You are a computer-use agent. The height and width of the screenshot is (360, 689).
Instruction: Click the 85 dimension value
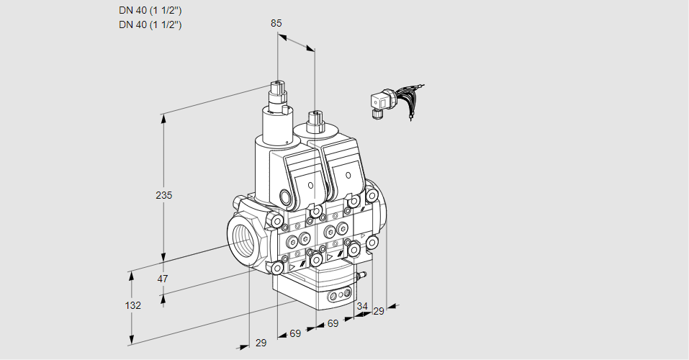coord(276,23)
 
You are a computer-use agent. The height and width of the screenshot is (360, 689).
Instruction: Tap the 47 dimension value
coord(163,278)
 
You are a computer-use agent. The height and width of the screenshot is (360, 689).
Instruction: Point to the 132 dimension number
coord(132,305)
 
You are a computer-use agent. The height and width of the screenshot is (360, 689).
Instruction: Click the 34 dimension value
coord(362,306)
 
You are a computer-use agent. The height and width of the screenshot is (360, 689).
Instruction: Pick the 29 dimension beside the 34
coord(379,311)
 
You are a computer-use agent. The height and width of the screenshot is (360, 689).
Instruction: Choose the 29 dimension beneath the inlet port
coord(261,343)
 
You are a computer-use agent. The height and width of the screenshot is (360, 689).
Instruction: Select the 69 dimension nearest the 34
coord(333,324)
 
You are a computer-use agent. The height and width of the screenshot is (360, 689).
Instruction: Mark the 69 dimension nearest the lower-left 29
coord(294,333)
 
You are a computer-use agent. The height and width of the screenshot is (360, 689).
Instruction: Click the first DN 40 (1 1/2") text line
coord(150,10)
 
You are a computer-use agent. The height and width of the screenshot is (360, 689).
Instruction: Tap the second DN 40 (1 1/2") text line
coord(150,24)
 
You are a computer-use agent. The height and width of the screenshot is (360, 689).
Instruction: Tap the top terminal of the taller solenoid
coord(277,89)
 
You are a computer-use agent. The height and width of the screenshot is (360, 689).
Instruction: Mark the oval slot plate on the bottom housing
coord(339,295)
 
